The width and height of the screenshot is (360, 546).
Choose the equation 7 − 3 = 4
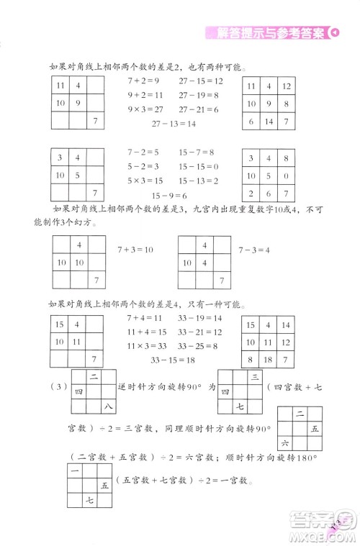(x=253, y=249)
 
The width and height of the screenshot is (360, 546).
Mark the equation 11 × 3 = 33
(x=146, y=346)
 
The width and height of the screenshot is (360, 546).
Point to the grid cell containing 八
(x=107, y=409)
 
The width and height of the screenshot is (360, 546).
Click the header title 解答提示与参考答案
(x=265, y=32)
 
